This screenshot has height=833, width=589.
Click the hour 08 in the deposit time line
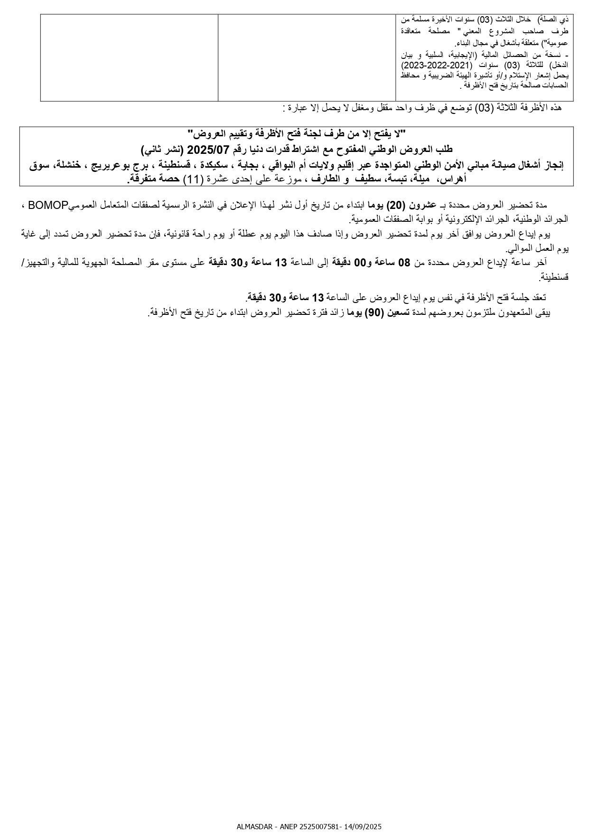403,262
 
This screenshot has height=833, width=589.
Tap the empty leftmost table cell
129,57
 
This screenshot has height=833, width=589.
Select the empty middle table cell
307,57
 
